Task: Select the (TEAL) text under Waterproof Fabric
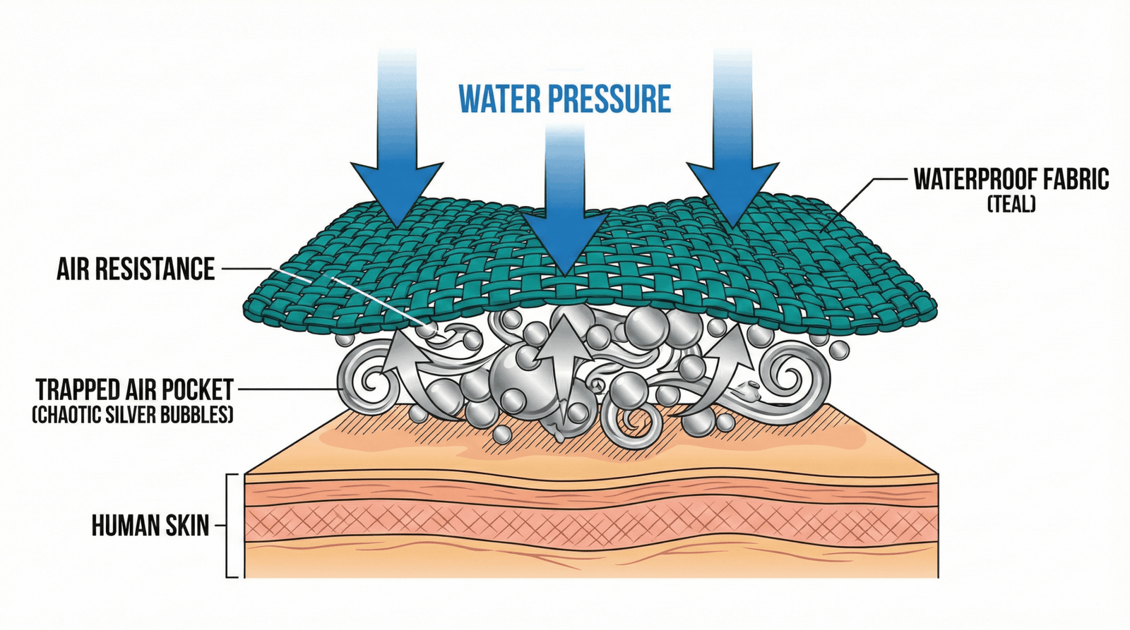click(x=1011, y=205)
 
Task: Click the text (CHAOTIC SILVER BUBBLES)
click(x=133, y=414)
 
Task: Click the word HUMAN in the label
click(x=121, y=526)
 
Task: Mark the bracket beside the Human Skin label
click(x=229, y=526)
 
